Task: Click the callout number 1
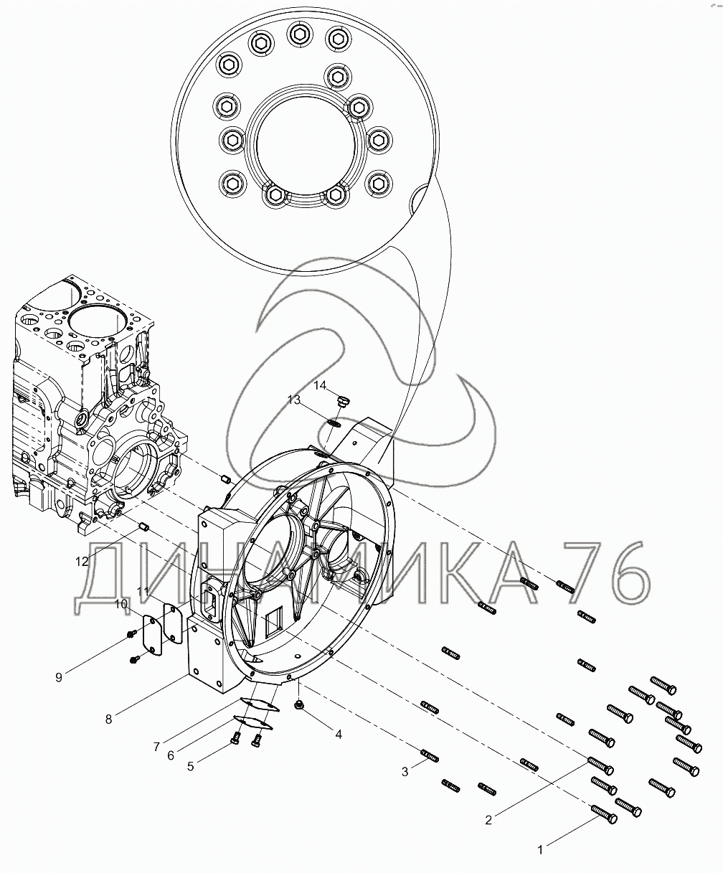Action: (540, 849)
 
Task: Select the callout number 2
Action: (488, 821)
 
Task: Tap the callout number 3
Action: (405, 772)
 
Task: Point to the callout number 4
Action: (339, 734)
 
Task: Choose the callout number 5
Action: (190, 766)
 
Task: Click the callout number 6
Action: (171, 755)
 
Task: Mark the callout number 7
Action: (156, 746)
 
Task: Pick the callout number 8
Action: (109, 719)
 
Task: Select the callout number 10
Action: (122, 604)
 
